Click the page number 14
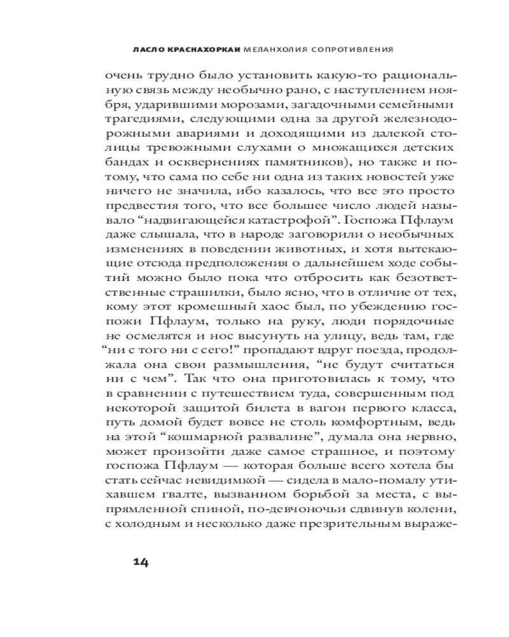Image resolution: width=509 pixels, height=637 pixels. [x=141, y=561]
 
